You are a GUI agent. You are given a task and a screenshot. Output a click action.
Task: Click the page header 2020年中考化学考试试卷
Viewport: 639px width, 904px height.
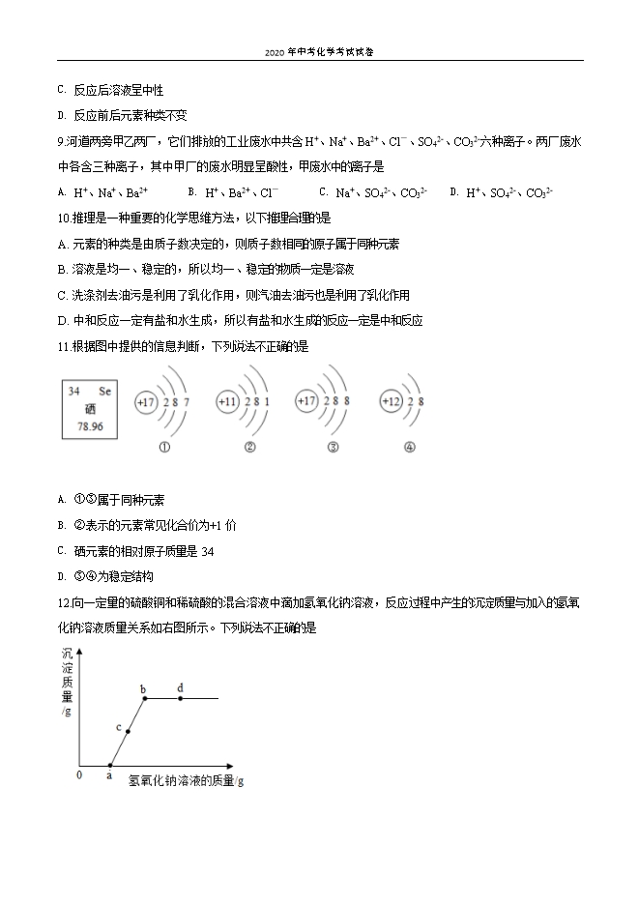319,52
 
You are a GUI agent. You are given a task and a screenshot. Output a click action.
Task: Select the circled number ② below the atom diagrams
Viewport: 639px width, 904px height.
249,447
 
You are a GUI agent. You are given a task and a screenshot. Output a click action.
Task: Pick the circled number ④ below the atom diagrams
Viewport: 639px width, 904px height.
410,447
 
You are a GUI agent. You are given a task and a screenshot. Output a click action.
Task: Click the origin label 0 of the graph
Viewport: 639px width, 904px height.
79,773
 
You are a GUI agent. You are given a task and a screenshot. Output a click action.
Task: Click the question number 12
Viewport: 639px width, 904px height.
65,601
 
